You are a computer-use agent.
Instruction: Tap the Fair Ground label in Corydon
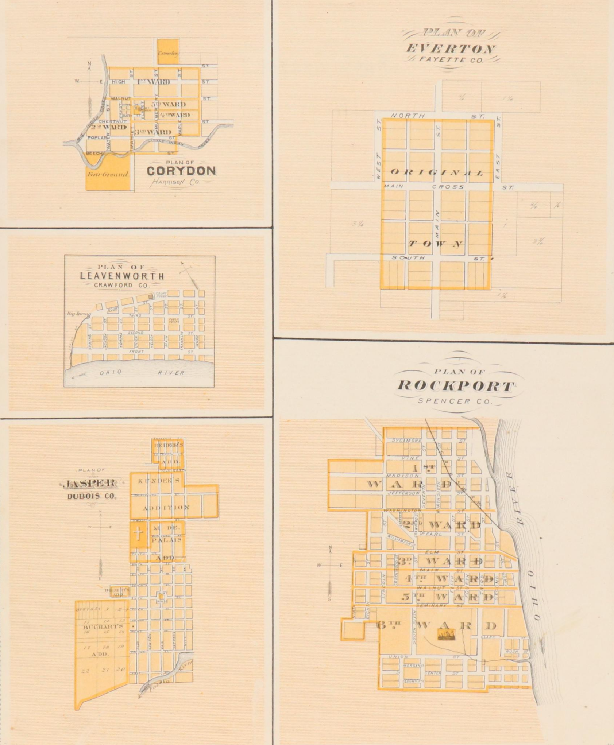pyautogui.click(x=108, y=174)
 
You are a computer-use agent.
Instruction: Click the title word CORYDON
pyautogui.click(x=181, y=171)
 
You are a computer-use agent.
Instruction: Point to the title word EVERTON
pyautogui.click(x=451, y=48)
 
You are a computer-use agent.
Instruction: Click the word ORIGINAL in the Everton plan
pyautogui.click(x=437, y=172)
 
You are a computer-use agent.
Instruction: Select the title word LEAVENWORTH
pyautogui.click(x=122, y=276)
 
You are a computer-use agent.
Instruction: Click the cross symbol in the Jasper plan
pyautogui.click(x=138, y=535)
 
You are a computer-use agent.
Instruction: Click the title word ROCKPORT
pyautogui.click(x=456, y=386)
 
